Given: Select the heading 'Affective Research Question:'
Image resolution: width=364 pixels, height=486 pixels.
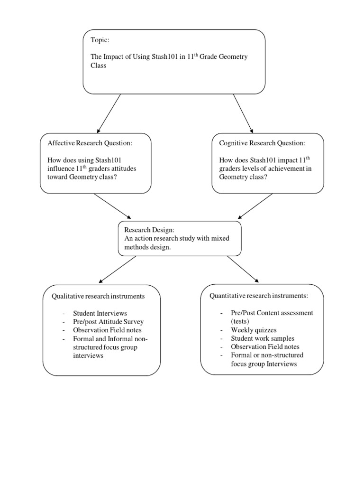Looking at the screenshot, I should pos(89,143).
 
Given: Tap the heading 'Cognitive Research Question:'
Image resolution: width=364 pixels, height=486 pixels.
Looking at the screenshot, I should pos(262,143).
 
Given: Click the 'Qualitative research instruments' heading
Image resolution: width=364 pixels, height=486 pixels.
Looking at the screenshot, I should pos(98,296).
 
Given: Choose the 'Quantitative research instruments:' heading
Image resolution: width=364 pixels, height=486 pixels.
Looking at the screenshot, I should pos(259,296).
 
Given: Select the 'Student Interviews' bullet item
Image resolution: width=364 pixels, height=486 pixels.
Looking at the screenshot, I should pos(100,313).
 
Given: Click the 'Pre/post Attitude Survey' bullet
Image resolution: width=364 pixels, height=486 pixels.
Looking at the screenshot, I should pos(108,322).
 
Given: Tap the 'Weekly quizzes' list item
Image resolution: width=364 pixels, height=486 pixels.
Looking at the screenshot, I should pos(254,330).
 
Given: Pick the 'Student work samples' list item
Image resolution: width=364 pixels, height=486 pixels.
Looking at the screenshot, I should pos(263,338).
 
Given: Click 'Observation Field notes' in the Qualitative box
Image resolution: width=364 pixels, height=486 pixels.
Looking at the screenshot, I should pos(107,330).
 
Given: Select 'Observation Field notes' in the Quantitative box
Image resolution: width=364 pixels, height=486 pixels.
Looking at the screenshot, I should pos(265,347).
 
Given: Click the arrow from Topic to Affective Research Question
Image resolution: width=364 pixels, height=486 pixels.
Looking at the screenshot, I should pos(109,113).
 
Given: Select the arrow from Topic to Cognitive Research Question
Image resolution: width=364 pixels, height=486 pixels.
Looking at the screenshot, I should pos(243,113).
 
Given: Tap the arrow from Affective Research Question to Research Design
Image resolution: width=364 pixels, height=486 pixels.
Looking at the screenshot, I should pos(112,206).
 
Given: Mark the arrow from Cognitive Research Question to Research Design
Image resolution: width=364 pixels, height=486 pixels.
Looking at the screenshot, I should pos(255,206).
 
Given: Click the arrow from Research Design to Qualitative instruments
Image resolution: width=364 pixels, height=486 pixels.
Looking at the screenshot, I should pos(118,269).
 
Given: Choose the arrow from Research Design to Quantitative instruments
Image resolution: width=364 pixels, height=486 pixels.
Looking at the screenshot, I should pos(243,269).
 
